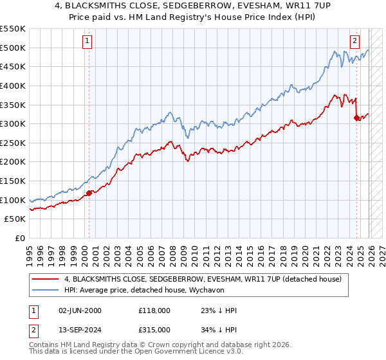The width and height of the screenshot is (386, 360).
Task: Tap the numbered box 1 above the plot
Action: coord(87,40)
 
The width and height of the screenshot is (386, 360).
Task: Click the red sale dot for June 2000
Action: coord(89,193)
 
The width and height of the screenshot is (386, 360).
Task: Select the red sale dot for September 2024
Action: coord(356,118)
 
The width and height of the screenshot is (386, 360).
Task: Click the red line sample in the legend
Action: coord(45,279)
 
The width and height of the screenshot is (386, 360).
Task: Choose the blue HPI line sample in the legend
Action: coord(45,291)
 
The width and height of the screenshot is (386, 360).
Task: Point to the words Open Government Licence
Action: coord(194,353)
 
